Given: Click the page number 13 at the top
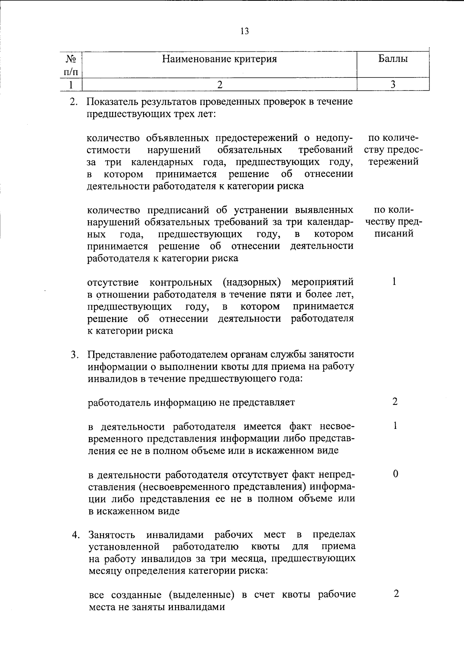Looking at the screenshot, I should (x=244, y=31).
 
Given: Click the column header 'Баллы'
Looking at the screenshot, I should (x=393, y=59).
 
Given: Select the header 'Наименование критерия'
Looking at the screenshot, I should (x=219, y=59).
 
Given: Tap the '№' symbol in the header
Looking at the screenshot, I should (x=71, y=59).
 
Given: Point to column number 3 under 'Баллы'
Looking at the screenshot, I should (x=393, y=84).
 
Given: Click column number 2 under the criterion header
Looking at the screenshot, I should (x=220, y=84).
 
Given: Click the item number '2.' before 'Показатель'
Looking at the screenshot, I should (x=73, y=102).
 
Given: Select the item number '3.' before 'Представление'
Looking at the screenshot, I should (x=75, y=355).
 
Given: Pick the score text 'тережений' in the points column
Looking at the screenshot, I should (x=393, y=161).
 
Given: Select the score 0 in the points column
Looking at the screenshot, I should (x=395, y=474).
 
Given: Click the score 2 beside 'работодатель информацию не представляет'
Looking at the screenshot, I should (x=395, y=402).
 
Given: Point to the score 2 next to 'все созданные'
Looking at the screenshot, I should (x=396, y=594).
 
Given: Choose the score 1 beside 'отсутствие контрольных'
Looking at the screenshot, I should (x=394, y=281).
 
